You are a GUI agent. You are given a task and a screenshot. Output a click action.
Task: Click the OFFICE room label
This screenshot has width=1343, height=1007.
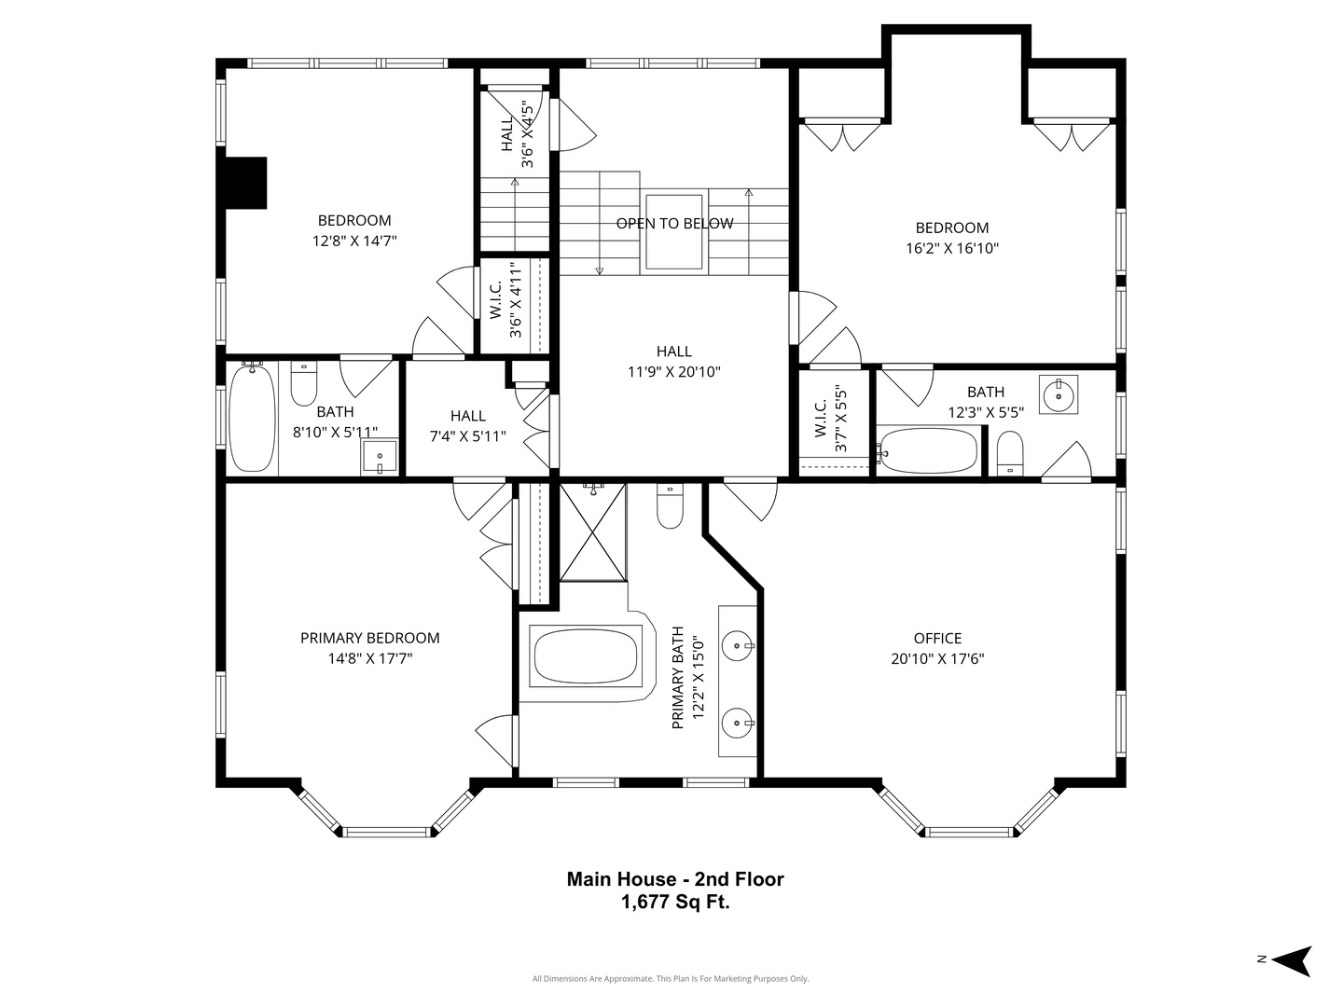click(x=937, y=639)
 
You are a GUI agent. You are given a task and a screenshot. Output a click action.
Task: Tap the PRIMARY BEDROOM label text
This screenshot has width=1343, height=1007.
click(x=369, y=639)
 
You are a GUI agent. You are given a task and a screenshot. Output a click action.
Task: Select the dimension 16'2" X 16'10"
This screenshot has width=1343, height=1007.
click(x=951, y=249)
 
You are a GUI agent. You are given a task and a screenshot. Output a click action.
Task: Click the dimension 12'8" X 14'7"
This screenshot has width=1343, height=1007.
click(x=354, y=241)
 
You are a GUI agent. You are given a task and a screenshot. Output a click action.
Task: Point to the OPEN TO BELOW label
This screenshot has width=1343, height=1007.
click(x=674, y=224)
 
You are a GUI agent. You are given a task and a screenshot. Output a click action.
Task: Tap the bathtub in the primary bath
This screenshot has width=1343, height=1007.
click(x=586, y=656)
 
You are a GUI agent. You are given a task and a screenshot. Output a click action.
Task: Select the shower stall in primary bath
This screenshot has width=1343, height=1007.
click(x=593, y=531)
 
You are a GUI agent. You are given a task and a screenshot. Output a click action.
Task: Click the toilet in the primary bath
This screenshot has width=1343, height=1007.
click(x=670, y=506)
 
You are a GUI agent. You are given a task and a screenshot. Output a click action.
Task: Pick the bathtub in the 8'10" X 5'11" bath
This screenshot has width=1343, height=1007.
click(x=252, y=418)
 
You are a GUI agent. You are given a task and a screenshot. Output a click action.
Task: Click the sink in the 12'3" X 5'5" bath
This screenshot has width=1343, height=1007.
click(x=1059, y=393)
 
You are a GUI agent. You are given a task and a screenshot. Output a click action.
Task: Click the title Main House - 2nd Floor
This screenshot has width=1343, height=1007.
click(x=675, y=879)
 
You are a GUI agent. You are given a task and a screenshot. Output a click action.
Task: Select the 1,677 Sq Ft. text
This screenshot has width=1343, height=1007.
click(x=675, y=903)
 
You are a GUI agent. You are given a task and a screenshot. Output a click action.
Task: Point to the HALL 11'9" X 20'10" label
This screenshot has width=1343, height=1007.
click(x=673, y=362)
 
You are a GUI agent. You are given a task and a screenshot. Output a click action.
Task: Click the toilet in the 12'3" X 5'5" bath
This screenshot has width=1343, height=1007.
click(x=1010, y=454)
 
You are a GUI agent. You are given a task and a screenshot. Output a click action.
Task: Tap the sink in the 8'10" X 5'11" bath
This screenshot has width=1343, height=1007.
click(x=380, y=458)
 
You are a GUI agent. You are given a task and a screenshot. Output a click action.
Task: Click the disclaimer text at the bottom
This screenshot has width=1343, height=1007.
click(x=670, y=979)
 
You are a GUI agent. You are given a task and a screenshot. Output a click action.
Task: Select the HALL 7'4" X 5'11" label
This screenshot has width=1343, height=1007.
click(x=467, y=426)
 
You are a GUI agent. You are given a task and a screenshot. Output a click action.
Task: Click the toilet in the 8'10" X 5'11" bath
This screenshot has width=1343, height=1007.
click(x=304, y=383)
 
